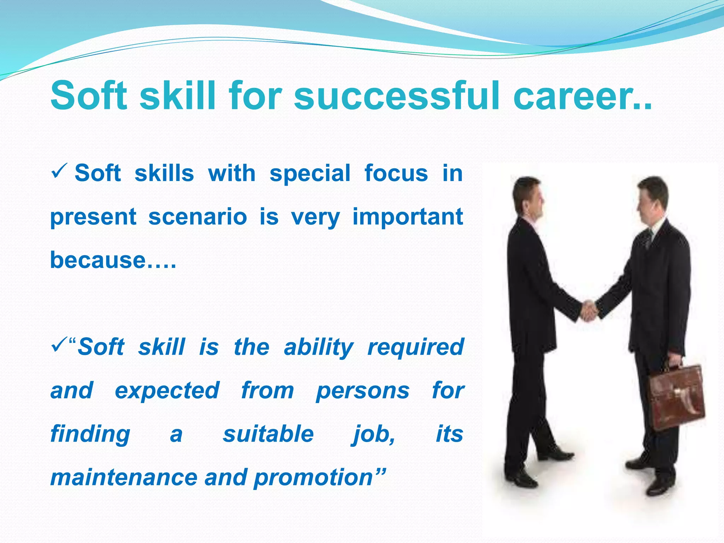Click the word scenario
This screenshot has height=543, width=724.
point(198,217)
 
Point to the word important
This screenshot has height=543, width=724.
point(408,217)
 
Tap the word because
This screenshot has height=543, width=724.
point(98,260)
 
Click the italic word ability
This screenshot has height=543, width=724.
point(319,348)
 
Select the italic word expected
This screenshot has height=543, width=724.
point(167,391)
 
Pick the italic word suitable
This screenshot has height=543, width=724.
point(268,434)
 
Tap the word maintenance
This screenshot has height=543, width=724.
point(123,477)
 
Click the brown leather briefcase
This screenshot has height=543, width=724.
point(677,398)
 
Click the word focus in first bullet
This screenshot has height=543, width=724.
point(396,173)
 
